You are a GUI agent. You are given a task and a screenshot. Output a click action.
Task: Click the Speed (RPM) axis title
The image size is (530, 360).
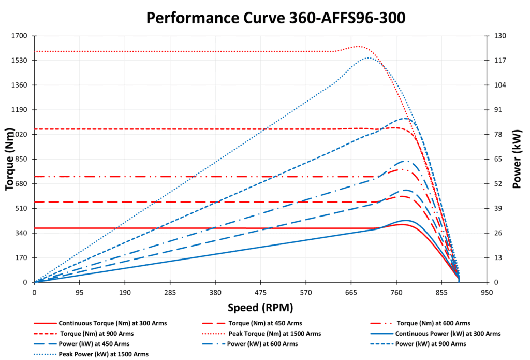pyautogui.click(x=260, y=308)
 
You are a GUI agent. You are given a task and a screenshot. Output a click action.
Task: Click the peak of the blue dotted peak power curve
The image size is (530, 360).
pyautogui.click(x=367, y=57)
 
